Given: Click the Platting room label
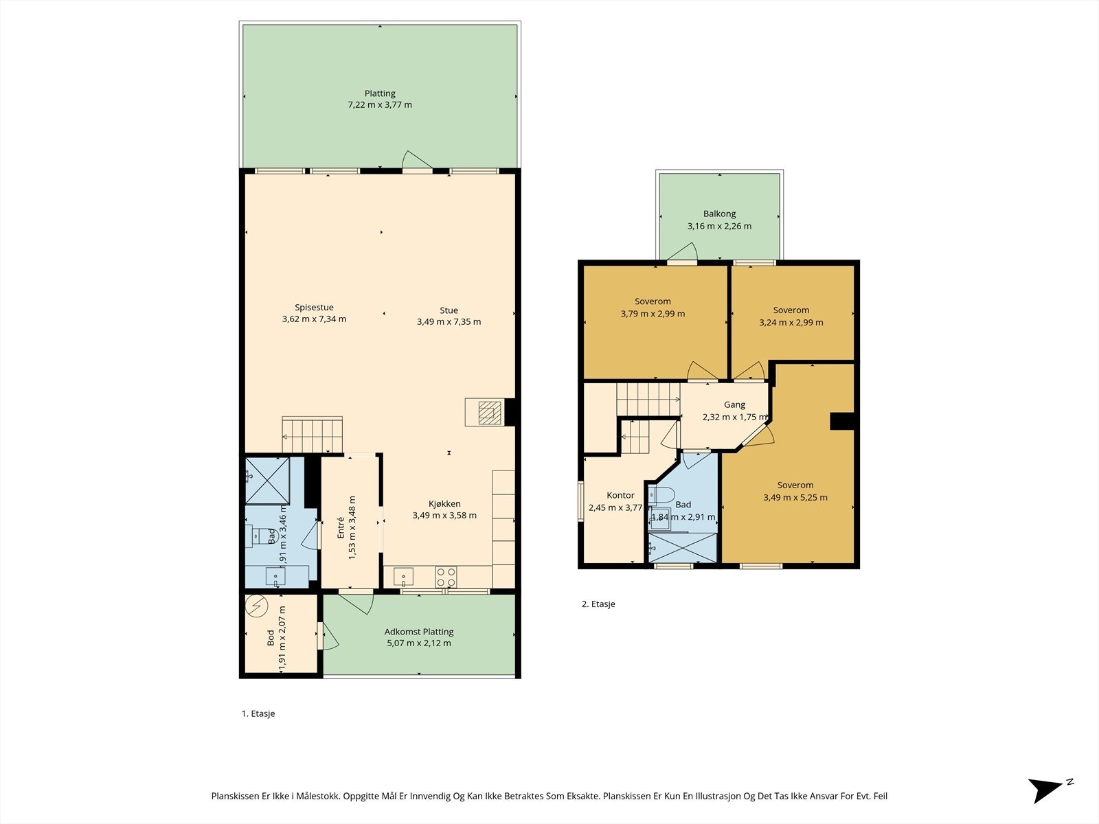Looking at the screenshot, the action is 380,93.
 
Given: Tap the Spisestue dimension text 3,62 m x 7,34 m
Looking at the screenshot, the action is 314,319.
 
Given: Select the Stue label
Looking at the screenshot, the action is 449,310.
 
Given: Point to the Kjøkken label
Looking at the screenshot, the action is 444,504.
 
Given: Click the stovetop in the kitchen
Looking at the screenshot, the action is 446,577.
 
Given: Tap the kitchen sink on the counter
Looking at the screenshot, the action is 404,577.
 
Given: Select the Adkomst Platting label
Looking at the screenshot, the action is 419,632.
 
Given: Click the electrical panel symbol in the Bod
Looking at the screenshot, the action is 257,606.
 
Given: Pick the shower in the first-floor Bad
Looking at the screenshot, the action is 267,480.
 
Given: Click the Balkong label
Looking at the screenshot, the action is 719,214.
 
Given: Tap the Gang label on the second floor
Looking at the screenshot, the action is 734,404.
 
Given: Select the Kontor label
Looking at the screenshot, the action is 620,495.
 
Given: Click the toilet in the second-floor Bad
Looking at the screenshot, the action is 661,495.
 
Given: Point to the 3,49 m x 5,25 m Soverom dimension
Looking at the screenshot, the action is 795,497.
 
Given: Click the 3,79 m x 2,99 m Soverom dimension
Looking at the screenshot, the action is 653,314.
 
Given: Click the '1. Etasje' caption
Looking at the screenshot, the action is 258,713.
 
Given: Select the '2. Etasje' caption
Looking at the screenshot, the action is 598,604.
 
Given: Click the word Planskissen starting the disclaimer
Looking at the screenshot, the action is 236,796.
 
